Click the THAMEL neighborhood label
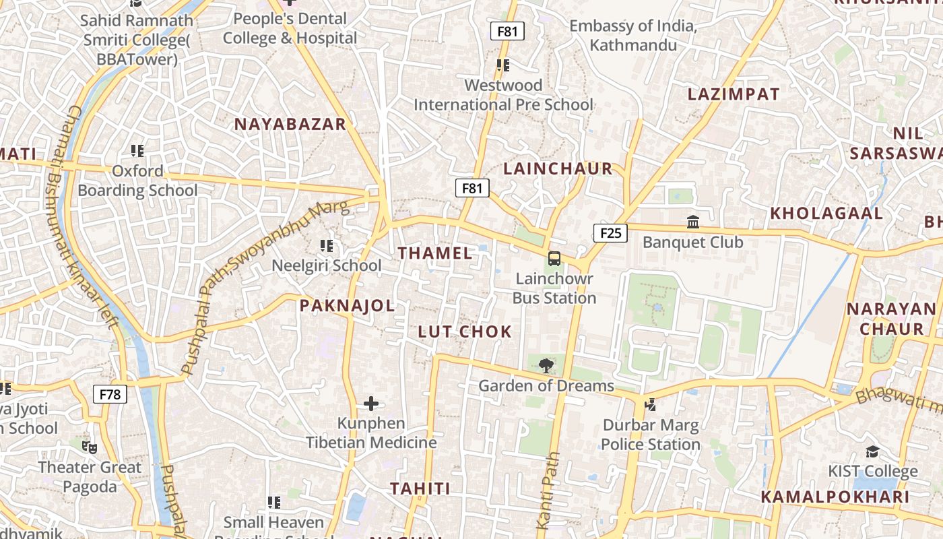pyautogui.click(x=435, y=253)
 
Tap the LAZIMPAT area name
pyautogui.click(x=734, y=94)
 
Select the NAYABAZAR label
pyautogui.click(x=290, y=124)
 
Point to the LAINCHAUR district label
pyautogui.click(x=558, y=168)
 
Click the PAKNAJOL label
pyautogui.click(x=347, y=306)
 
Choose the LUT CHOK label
pyautogui.click(x=465, y=331)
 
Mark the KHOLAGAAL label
pyautogui.click(x=826, y=214)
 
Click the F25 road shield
pyautogui.click(x=610, y=233)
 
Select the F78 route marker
pyautogui.click(x=110, y=393)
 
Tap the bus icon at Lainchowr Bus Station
pyautogui.click(x=554, y=258)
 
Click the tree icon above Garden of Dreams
pyautogui.click(x=546, y=366)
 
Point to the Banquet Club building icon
pyautogui.click(x=692, y=222)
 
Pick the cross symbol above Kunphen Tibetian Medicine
pyautogui.click(x=371, y=404)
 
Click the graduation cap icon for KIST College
pyautogui.click(x=872, y=451)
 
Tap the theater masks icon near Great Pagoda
pyautogui.click(x=90, y=447)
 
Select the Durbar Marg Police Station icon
pyautogui.click(x=650, y=404)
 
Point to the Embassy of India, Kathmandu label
pyautogui.click(x=633, y=36)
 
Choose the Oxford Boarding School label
pyautogui.click(x=137, y=181)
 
